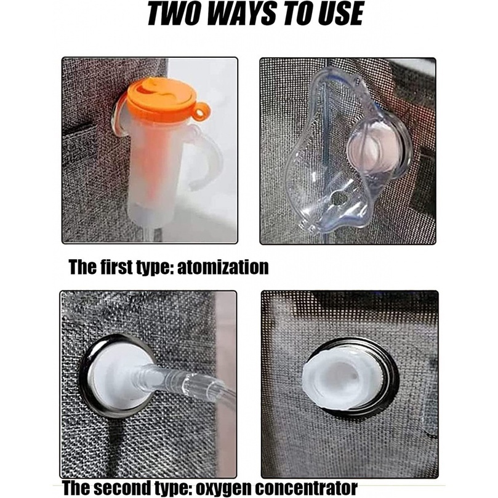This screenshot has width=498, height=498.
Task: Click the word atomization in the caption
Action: tap(223, 267)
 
